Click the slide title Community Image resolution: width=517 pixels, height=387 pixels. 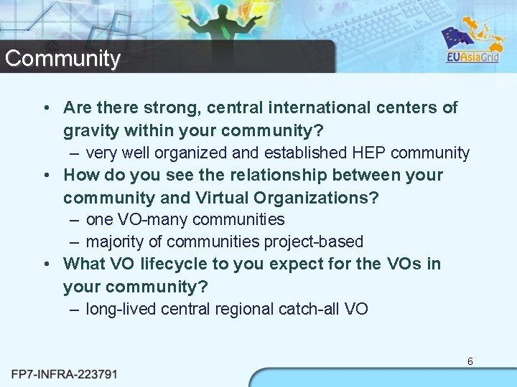pyautogui.click(x=62, y=58)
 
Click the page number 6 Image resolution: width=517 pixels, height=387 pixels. pyautogui.click(x=470, y=361)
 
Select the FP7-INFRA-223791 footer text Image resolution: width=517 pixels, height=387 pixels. pyautogui.click(x=65, y=374)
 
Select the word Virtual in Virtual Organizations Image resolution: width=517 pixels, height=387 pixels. pyautogui.click(x=216, y=197)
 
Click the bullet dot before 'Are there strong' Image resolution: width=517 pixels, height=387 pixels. pyautogui.click(x=46, y=108)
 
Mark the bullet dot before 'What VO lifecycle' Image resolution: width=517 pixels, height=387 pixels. pyautogui.click(x=46, y=264)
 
